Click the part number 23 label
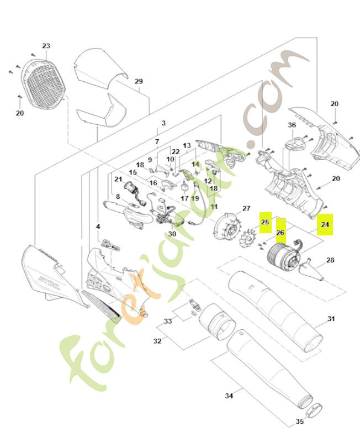(46, 46)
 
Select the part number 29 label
(139, 81)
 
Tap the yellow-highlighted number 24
(325, 225)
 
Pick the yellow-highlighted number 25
(265, 222)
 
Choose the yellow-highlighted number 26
(280, 233)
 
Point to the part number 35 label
(300, 422)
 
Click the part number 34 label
(229, 396)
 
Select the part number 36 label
(292, 125)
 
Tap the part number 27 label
(246, 208)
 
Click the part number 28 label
(330, 260)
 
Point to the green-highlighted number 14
(195, 164)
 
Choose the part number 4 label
(98, 227)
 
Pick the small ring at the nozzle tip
(314, 411)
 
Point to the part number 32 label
(157, 341)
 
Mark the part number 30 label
(172, 234)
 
